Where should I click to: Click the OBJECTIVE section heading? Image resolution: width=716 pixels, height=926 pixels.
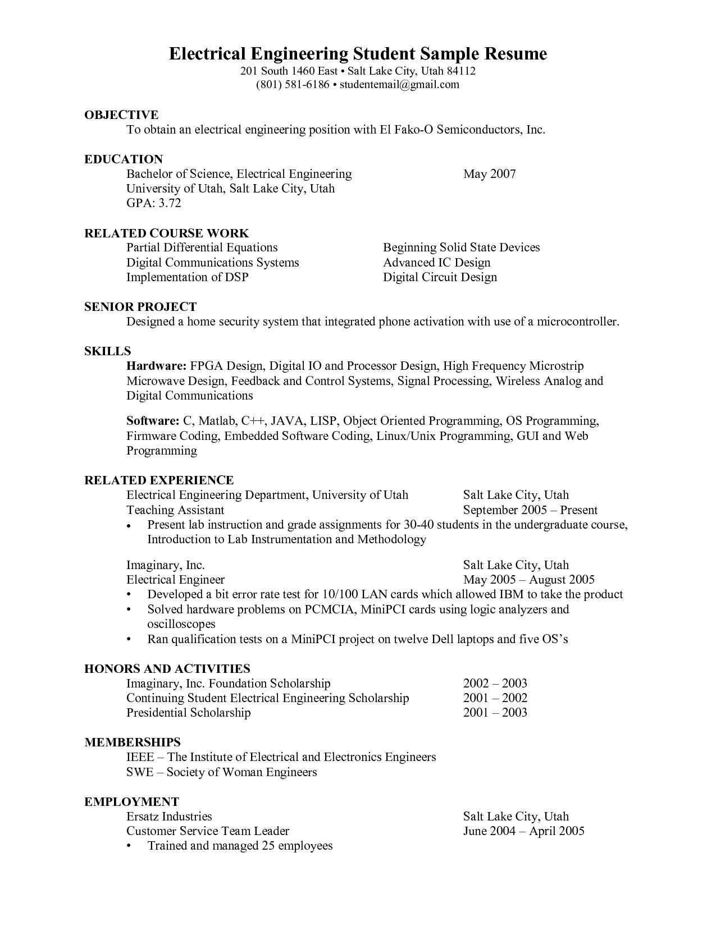pyautogui.click(x=121, y=115)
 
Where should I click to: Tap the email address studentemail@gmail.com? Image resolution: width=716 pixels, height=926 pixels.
pyautogui.click(x=399, y=85)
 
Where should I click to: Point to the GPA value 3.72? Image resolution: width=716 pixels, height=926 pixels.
pyautogui.click(x=170, y=203)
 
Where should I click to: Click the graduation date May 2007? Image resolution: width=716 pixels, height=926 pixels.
pyautogui.click(x=489, y=174)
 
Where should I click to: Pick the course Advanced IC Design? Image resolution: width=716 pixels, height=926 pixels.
pyautogui.click(x=436, y=263)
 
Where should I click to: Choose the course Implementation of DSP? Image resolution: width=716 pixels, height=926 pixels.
pyautogui.click(x=187, y=277)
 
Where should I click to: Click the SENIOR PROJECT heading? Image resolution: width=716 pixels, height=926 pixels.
pyautogui.click(x=140, y=307)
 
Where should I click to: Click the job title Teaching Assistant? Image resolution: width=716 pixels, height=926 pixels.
pyautogui.click(x=175, y=510)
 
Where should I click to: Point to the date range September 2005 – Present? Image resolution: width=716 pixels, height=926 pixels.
pyautogui.click(x=530, y=510)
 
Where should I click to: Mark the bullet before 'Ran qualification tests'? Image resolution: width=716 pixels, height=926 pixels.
pyautogui.click(x=130, y=640)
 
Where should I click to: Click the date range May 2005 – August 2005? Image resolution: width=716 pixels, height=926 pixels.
pyautogui.click(x=528, y=580)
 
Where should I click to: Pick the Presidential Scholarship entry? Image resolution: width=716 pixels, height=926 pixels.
pyautogui.click(x=188, y=713)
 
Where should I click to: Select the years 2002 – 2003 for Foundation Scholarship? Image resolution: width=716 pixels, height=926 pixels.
pyautogui.click(x=495, y=684)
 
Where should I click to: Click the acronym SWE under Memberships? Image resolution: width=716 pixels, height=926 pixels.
pyautogui.click(x=140, y=772)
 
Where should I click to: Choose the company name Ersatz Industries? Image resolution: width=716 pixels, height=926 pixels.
pyautogui.click(x=169, y=817)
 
